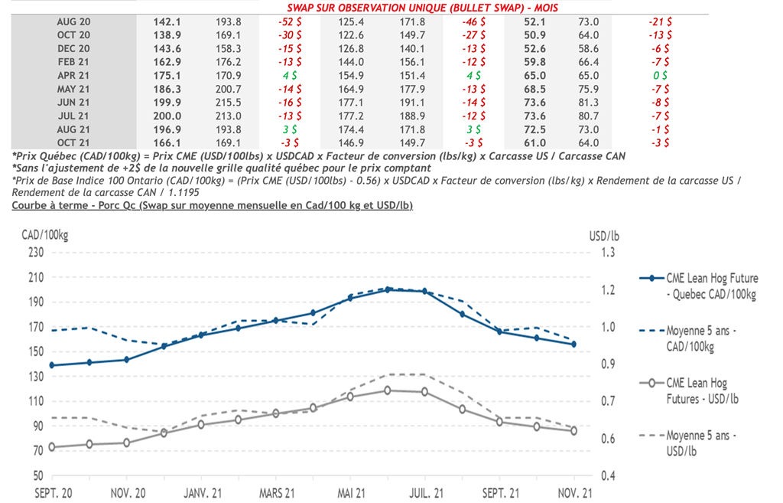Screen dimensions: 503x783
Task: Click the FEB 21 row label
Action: point(73,62)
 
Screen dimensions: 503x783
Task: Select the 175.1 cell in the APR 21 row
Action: point(165,75)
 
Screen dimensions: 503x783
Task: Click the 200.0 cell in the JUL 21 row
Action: point(165,116)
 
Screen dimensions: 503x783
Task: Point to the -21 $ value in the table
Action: point(658,21)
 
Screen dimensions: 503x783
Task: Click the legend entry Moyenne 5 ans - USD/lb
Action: point(702,443)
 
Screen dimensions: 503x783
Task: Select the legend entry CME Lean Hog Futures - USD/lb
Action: point(702,390)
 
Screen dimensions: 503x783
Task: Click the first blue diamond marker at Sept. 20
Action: point(52,365)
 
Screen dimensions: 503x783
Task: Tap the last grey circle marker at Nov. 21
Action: point(573,431)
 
